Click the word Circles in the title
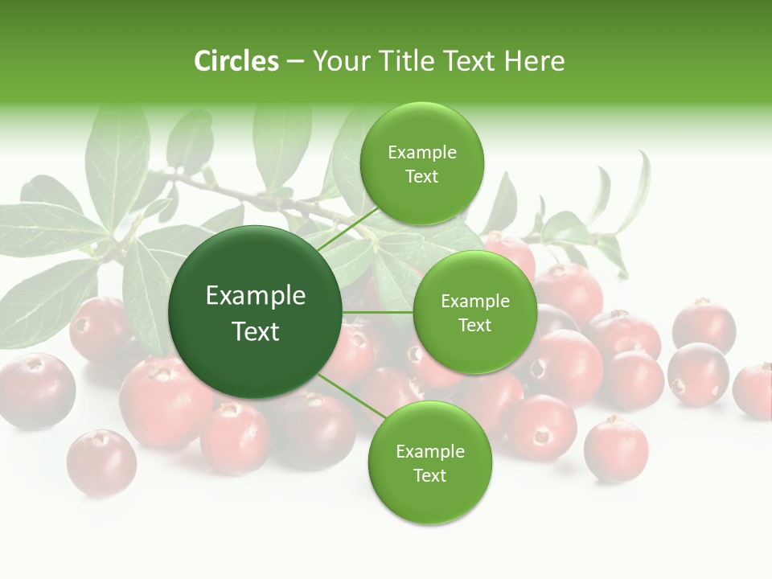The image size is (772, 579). [236, 61]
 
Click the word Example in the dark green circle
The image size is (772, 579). [256, 296]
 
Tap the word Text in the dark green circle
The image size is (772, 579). [256, 331]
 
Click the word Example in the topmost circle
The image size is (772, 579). [421, 153]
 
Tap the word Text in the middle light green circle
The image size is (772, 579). [474, 326]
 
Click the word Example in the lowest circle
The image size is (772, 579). [429, 452]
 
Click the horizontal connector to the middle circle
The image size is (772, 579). [378, 312]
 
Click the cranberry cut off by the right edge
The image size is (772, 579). [754, 391]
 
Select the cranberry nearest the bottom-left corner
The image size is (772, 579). [101, 462]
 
